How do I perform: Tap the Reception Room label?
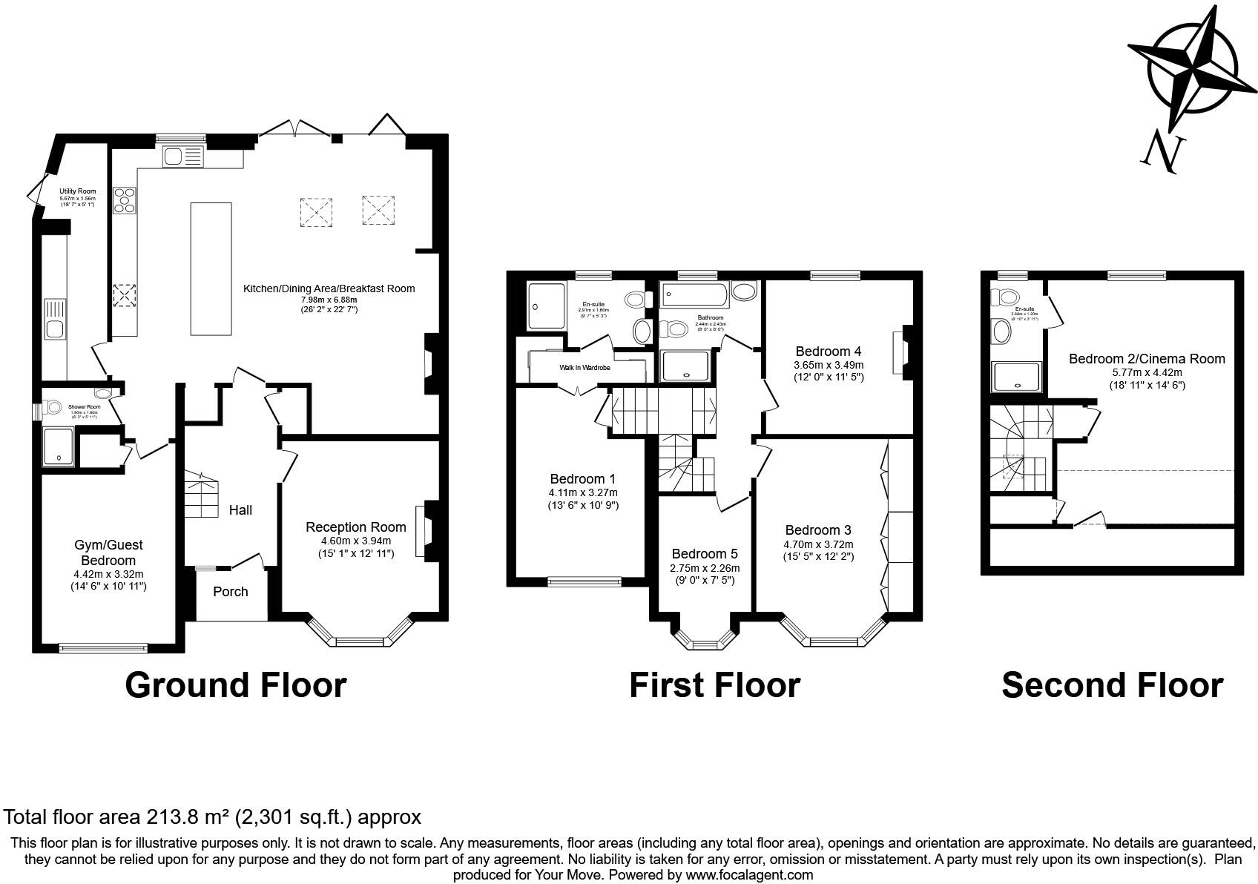click(356, 527)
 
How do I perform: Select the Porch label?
click(230, 592)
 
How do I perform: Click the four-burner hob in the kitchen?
click(125, 200)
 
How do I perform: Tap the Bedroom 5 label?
click(705, 554)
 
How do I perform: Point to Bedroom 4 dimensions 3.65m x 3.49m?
click(829, 365)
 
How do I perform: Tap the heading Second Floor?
click(1112, 685)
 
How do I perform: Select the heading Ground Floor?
click(236, 685)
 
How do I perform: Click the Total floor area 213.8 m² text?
click(212, 817)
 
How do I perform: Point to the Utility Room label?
click(78, 191)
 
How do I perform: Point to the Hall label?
click(240, 510)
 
